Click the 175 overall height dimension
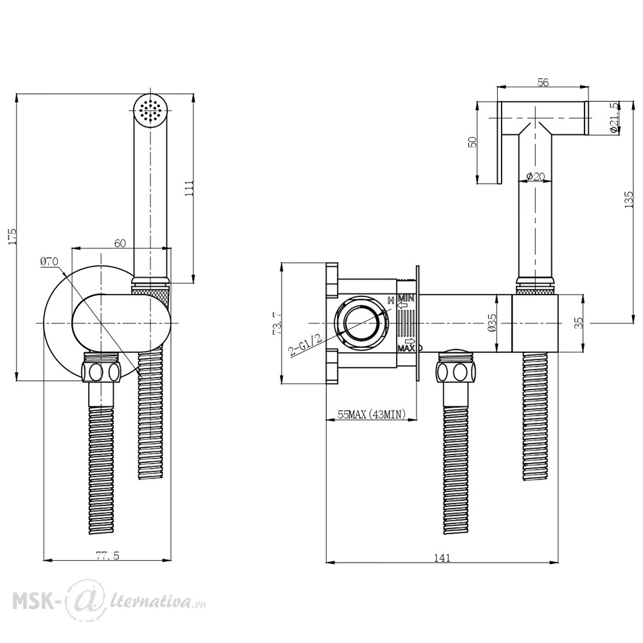10,236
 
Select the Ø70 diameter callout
50,261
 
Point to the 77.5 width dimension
107,556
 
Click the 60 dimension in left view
120,242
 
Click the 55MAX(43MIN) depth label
372,415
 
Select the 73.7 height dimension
277,322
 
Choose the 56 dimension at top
543,82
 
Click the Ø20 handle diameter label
536,176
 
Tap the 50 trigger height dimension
472,142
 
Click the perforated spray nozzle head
151,110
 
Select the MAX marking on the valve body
405,348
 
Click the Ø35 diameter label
492,322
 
